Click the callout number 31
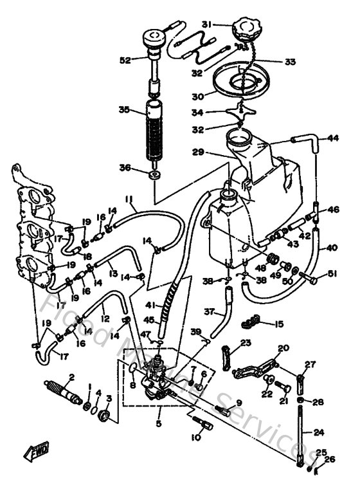click(206, 24)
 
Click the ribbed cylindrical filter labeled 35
click(155, 132)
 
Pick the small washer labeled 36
click(155, 175)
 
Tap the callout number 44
click(333, 138)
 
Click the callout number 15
click(279, 323)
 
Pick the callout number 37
click(208, 312)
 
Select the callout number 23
click(245, 343)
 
